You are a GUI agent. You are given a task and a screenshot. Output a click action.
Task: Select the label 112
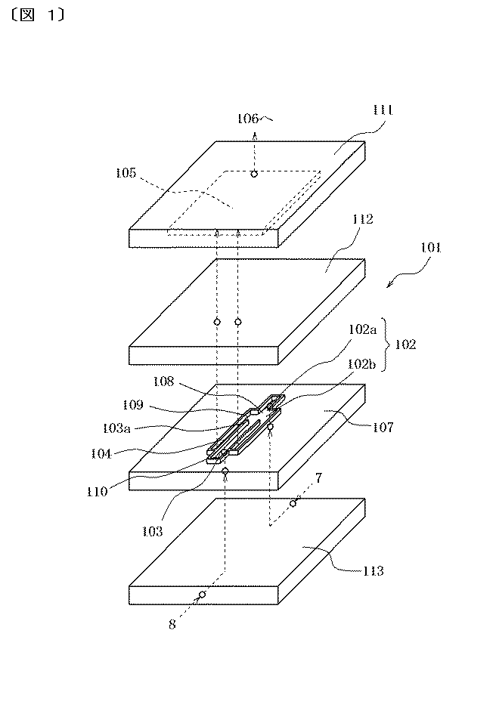(x=363, y=219)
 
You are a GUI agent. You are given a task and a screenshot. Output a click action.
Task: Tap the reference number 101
(x=431, y=248)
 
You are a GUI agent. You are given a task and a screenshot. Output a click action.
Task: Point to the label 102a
(x=363, y=329)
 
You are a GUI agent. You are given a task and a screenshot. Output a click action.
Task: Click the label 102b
(x=362, y=364)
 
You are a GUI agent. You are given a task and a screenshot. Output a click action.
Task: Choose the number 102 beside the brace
(x=405, y=344)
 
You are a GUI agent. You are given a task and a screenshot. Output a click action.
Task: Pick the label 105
(x=126, y=173)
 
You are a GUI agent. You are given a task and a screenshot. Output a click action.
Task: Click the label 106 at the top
(x=248, y=119)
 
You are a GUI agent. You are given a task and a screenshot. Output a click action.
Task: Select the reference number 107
(x=383, y=428)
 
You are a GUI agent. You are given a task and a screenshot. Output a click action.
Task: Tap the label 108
(x=163, y=382)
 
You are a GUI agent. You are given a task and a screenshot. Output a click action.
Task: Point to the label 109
(x=133, y=405)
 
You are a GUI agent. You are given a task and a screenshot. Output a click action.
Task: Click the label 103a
(x=116, y=428)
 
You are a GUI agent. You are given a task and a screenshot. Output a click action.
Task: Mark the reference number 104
(x=101, y=453)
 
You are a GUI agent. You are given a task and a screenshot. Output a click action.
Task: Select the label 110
(x=98, y=492)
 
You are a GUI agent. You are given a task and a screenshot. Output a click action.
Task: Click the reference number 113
(x=374, y=571)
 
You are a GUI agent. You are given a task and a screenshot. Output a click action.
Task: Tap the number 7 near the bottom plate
(x=319, y=477)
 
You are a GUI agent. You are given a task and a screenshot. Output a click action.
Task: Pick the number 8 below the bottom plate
(x=172, y=625)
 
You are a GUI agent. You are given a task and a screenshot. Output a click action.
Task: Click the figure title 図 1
(x=38, y=15)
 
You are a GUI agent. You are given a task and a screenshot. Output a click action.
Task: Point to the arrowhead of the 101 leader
(x=389, y=286)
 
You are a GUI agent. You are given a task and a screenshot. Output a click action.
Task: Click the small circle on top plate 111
(x=254, y=174)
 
